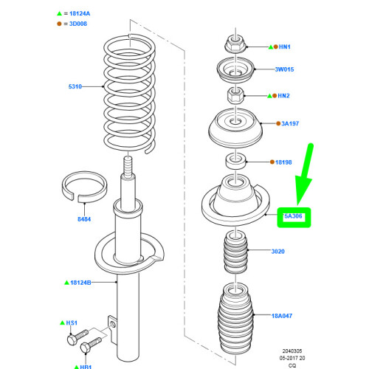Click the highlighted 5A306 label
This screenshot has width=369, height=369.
[x=294, y=216]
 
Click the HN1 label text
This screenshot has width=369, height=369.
[x=284, y=46]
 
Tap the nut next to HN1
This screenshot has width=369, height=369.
[x=235, y=44]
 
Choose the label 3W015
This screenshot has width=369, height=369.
[x=284, y=70]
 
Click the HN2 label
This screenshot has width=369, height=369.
[x=284, y=96]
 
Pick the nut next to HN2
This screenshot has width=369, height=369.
[x=235, y=95]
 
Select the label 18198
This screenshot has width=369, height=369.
[x=283, y=160]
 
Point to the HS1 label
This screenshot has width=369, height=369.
[x=72, y=323]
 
